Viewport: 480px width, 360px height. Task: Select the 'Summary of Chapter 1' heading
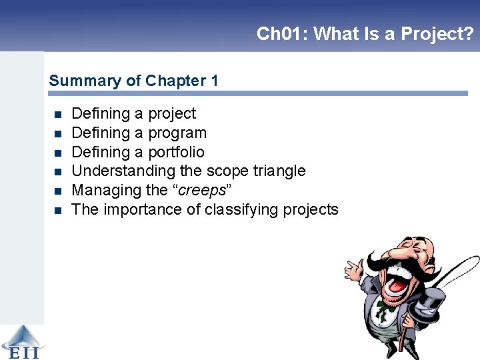click(133, 81)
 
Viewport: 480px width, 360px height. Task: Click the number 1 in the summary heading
click(214, 81)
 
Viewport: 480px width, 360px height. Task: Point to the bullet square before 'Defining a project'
click(57, 114)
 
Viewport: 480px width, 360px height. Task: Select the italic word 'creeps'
click(202, 190)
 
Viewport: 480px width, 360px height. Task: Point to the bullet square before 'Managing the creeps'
click(57, 191)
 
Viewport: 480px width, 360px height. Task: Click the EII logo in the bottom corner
click(21, 342)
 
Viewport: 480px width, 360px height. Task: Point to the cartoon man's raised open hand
click(353, 268)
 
